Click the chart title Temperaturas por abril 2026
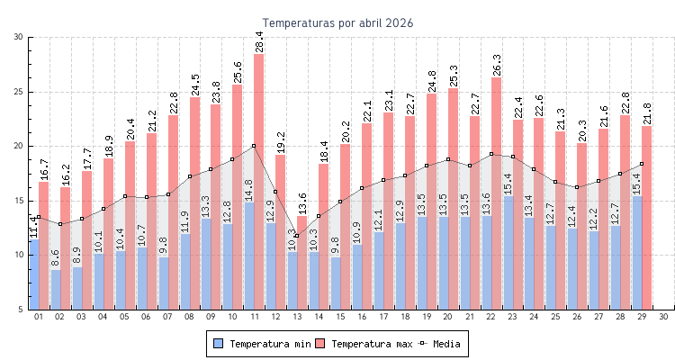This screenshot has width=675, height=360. [x=337, y=23]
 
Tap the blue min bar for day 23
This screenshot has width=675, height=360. [x=508, y=252]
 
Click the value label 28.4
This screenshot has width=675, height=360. [x=259, y=41]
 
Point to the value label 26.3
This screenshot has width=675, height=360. [x=497, y=65]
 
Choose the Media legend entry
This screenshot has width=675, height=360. [x=441, y=344]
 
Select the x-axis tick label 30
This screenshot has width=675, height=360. [x=663, y=317]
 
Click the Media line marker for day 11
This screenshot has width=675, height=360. [x=254, y=146]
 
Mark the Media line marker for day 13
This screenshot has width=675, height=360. [x=297, y=236]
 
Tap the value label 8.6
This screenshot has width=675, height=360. [x=56, y=258]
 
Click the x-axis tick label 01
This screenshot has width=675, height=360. [x=39, y=317]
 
